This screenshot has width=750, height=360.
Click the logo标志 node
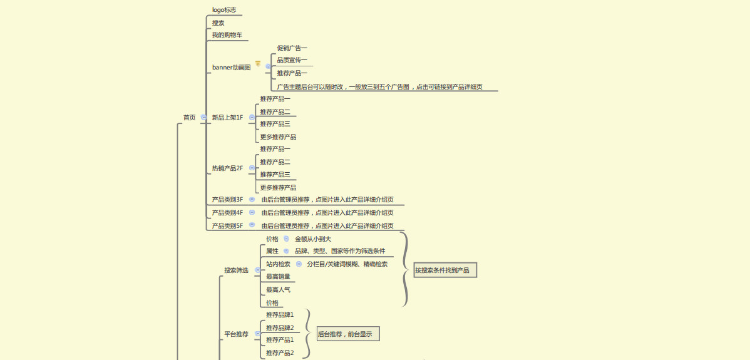click(x=224, y=10)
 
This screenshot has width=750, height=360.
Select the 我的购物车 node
click(x=227, y=35)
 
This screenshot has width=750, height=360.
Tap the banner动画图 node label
click(x=231, y=67)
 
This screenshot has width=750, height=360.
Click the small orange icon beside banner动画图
click(x=258, y=63)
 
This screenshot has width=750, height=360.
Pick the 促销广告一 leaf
click(x=292, y=48)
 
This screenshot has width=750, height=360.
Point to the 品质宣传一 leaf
click(x=292, y=61)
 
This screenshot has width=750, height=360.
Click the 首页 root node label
click(x=189, y=117)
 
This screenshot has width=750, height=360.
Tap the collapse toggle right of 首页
click(x=203, y=117)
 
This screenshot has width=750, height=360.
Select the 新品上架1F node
click(x=227, y=118)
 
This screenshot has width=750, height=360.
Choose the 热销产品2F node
click(x=227, y=168)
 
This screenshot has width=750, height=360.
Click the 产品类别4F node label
click(x=227, y=213)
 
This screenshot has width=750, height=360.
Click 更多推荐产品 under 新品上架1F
click(x=278, y=137)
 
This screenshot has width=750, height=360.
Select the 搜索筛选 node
click(x=236, y=270)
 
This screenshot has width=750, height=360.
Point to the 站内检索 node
click(x=278, y=264)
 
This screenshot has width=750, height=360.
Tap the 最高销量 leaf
click(x=278, y=277)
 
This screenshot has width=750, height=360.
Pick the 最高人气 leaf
click(x=278, y=290)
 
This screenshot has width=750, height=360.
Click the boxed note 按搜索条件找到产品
click(x=445, y=270)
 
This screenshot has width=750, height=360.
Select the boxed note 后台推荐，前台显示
click(x=348, y=334)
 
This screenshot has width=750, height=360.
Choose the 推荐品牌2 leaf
click(x=280, y=327)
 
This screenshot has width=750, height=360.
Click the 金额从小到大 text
click(x=313, y=239)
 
